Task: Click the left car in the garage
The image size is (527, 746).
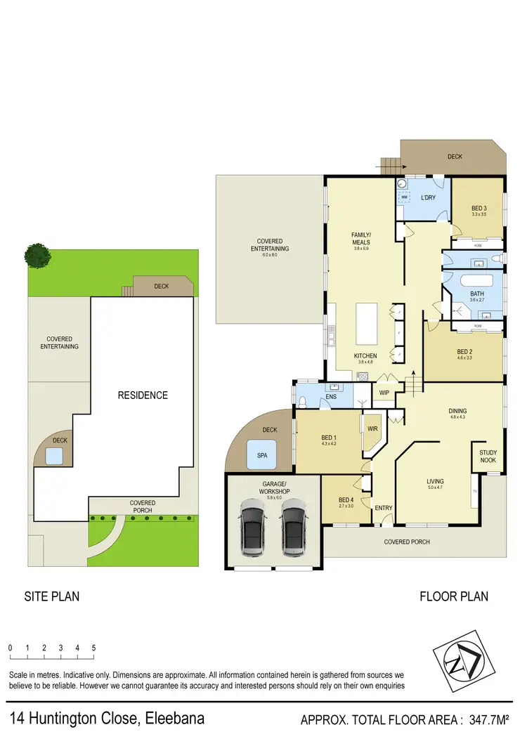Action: click(x=251, y=524)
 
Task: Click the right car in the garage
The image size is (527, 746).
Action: click(x=294, y=524)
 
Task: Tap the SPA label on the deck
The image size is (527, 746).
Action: click(x=262, y=455)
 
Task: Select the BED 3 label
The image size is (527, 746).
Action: click(x=479, y=209)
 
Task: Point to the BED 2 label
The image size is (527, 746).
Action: click(x=464, y=352)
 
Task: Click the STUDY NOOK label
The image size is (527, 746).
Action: click(x=488, y=457)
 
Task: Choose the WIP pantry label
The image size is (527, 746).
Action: click(x=384, y=393)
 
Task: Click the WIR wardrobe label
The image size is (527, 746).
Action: click(x=372, y=428)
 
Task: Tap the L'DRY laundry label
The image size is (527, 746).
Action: click(x=429, y=197)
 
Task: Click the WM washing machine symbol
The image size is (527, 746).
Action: click(x=404, y=198)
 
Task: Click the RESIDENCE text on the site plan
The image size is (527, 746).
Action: click(x=143, y=395)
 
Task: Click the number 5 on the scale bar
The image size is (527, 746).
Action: click(x=93, y=648)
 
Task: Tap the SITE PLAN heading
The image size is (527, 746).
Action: click(x=52, y=596)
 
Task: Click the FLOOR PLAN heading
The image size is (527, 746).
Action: click(x=454, y=596)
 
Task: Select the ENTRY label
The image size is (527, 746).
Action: click(x=383, y=508)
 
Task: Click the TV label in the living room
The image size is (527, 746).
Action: click(x=475, y=490)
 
